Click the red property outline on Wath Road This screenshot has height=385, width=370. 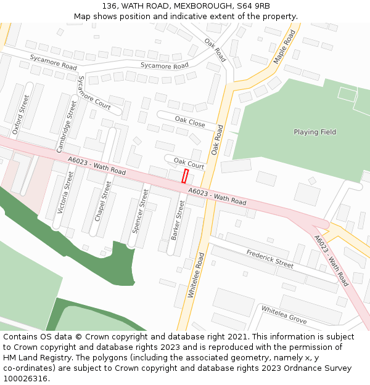click(184, 176)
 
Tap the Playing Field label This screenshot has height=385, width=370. click(314, 132)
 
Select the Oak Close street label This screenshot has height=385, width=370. click(190, 121)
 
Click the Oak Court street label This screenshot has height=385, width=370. click(189, 163)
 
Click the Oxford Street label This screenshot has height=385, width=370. click(21, 115)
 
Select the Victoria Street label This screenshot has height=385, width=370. click(65, 193)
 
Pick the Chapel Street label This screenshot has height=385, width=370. click(103, 200)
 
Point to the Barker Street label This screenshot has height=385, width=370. click(178, 220)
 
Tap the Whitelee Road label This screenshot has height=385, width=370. click(195, 275)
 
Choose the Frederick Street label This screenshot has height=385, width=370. click(270, 258)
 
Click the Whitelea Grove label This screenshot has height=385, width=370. click(284, 315)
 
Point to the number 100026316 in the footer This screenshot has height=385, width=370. click(25, 379)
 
